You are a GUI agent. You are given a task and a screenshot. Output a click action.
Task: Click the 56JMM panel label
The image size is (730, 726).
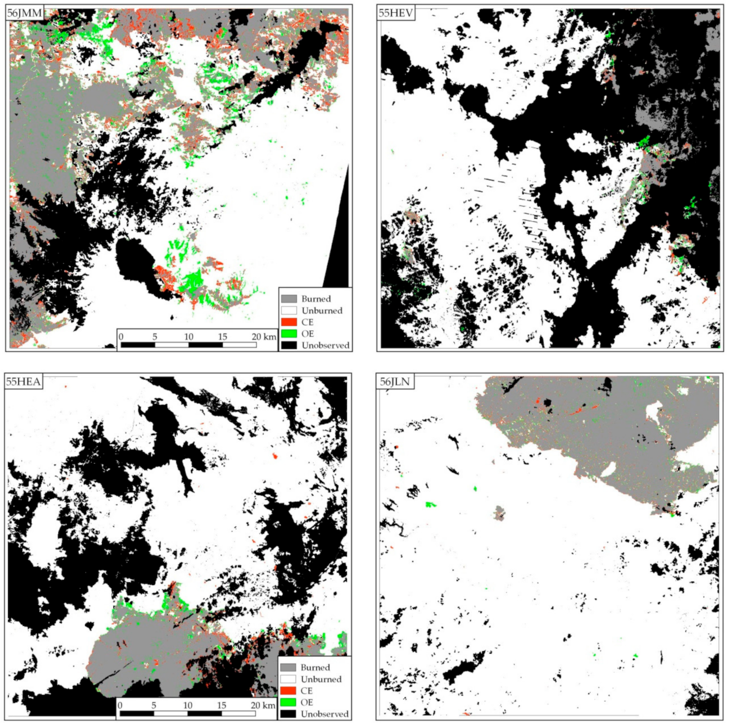coord(24,13)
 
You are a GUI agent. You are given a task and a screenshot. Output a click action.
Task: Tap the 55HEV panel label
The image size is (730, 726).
coord(395,13)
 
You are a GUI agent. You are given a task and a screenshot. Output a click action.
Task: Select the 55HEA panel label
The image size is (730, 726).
coord(23,381)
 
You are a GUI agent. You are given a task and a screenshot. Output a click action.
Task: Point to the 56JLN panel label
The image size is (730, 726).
coord(395,381)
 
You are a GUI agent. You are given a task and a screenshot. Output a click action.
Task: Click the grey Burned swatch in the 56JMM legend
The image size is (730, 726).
coord(289,299)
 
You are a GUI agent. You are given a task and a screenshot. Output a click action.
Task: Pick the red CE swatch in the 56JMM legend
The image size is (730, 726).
coord(289,322)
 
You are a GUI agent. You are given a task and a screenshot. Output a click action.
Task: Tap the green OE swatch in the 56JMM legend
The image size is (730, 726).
coord(289,333)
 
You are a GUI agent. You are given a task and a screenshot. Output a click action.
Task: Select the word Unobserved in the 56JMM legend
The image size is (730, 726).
coord(325,345)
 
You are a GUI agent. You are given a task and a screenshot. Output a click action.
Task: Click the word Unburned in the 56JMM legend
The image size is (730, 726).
coord(322,311)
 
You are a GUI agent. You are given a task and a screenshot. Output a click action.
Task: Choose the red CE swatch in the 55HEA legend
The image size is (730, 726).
coord(288,691)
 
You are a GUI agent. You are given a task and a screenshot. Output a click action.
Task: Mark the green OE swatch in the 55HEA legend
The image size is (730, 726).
coord(288,702)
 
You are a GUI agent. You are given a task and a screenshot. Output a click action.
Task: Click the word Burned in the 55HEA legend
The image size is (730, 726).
coord(315,668)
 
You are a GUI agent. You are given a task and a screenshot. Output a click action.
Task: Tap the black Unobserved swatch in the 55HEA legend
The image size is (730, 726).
coord(288,714)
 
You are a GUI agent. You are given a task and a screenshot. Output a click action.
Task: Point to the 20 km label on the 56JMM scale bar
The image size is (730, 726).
coord(264,337)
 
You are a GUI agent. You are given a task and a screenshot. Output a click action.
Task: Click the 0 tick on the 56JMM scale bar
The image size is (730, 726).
coord(121,337)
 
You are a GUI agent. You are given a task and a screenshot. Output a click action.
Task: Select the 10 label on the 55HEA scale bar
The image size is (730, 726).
coord(187,705)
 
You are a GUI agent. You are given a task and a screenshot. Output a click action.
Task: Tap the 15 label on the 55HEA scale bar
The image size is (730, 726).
coord(221,705)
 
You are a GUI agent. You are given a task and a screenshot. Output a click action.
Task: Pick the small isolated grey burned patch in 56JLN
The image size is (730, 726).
coord(499,513)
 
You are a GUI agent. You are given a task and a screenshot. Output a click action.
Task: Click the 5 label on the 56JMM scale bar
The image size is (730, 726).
coord(154,337)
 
